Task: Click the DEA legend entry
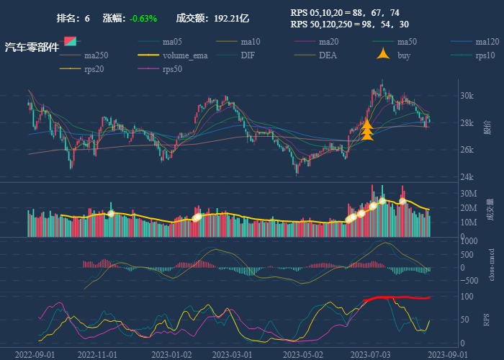tap(328, 55)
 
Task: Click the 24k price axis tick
tap(467, 177)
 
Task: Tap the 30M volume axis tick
tap(469, 193)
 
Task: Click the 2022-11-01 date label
tap(96, 354)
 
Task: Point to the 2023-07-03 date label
tap(366, 354)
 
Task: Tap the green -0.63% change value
tap(143, 18)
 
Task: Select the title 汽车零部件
tap(32, 48)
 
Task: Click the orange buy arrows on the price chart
tap(366, 130)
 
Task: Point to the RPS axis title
tap(487, 319)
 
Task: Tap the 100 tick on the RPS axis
tap(466, 297)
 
